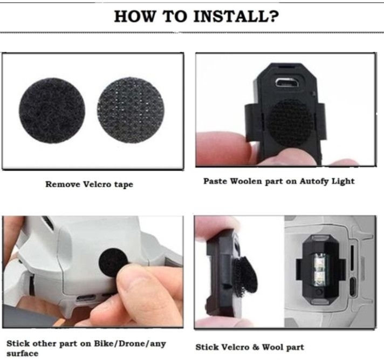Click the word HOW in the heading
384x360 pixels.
(135, 16)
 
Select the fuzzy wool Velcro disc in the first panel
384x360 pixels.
(52, 111)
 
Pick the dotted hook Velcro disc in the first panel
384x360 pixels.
(131, 110)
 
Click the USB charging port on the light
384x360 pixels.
(286, 83)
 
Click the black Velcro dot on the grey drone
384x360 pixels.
(113, 262)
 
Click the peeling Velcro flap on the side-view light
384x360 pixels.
(245, 275)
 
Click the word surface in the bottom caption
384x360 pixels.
(22, 354)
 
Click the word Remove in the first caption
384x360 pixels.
(63, 184)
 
